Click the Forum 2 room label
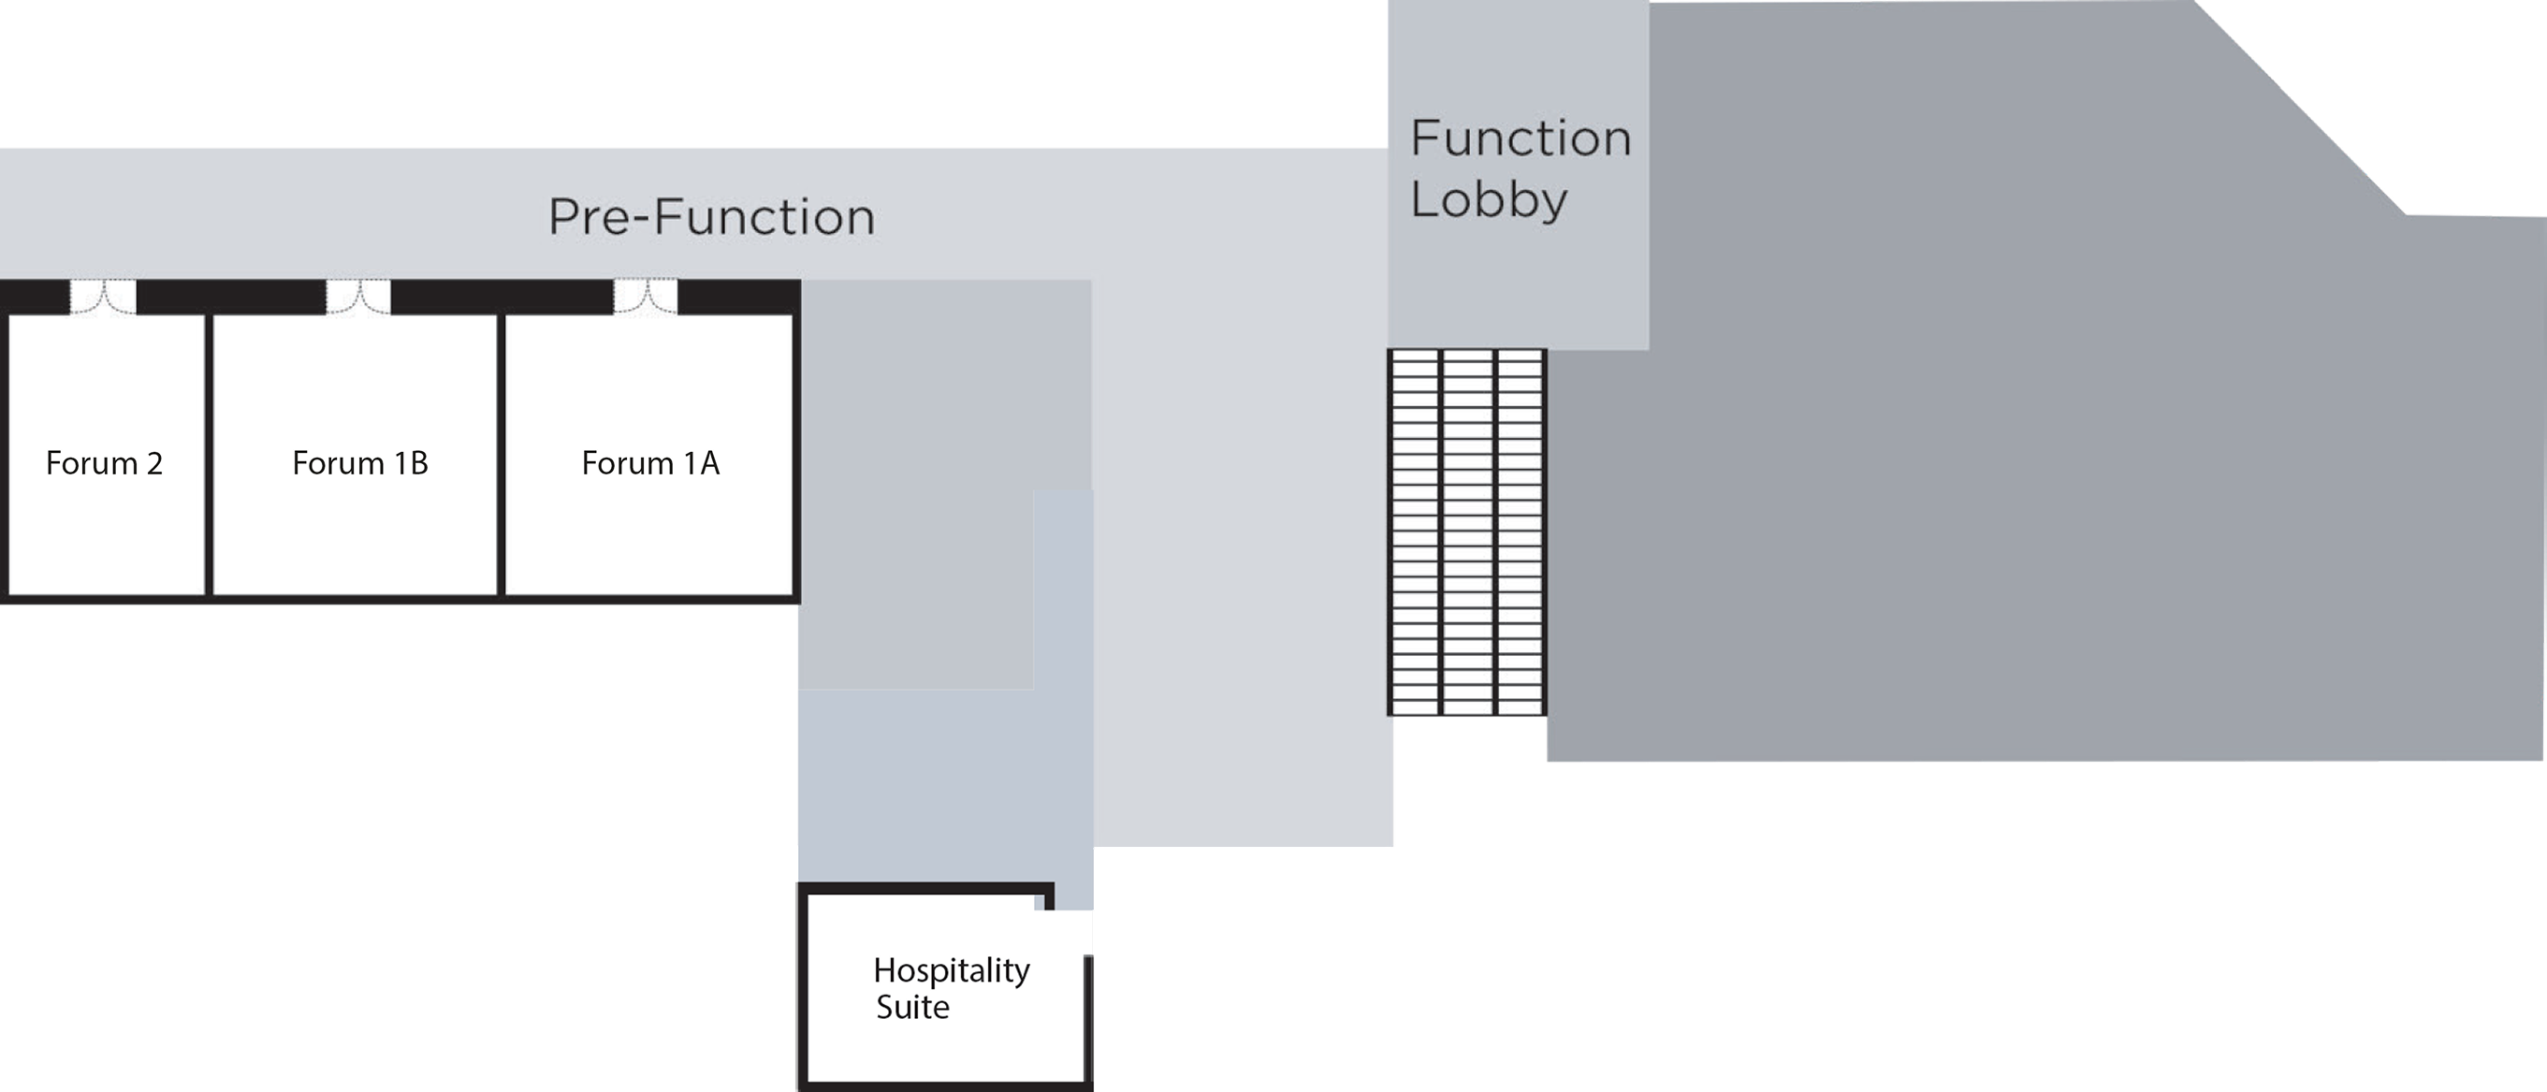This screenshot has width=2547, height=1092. (104, 463)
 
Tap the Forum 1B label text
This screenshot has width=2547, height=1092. (360, 463)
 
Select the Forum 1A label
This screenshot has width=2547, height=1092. (649, 463)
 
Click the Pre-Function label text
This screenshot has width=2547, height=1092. (712, 216)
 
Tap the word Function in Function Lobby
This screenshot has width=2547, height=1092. (1521, 138)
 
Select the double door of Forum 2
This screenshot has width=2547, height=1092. (103, 297)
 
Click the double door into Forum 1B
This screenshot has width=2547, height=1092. (358, 297)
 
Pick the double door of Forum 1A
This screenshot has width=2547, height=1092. (646, 297)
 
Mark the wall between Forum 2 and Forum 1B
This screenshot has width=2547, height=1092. (209, 455)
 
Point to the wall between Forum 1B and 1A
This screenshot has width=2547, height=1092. (502, 455)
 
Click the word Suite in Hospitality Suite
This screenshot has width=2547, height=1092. (912, 1007)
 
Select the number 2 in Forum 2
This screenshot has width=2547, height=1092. (154, 463)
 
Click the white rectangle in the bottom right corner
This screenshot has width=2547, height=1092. (2231, 1025)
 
